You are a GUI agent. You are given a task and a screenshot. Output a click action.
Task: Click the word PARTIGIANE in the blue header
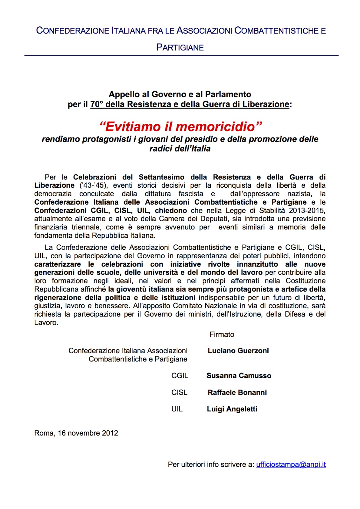tap(180, 47)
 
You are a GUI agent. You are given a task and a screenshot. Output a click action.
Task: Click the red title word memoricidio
tap(216, 127)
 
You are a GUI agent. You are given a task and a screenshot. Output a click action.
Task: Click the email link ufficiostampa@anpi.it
tap(291, 464)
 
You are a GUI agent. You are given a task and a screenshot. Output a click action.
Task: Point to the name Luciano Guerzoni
tap(238, 351)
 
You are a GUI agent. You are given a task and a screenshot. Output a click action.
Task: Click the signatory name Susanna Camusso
tap(239, 376)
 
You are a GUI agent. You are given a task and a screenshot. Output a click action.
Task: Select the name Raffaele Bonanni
tap(237, 392)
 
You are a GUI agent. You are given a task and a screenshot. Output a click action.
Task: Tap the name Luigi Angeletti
tap(232, 409)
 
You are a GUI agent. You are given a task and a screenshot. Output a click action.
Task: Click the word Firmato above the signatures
tap(222, 334)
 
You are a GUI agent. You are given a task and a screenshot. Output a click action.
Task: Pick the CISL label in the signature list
tap(179, 393)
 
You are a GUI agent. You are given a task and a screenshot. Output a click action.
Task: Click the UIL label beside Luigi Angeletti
tap(177, 409)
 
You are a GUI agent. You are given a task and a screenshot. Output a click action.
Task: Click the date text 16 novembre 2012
tap(88, 433)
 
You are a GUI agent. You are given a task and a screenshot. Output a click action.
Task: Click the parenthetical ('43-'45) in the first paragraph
tap(93, 185)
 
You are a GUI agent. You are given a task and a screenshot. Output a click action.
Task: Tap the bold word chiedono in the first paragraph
tap(171, 211)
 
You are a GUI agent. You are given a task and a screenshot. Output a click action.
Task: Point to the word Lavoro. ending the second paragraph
tap(46, 323)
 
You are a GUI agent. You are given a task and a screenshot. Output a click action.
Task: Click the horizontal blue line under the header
tap(181, 56)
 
